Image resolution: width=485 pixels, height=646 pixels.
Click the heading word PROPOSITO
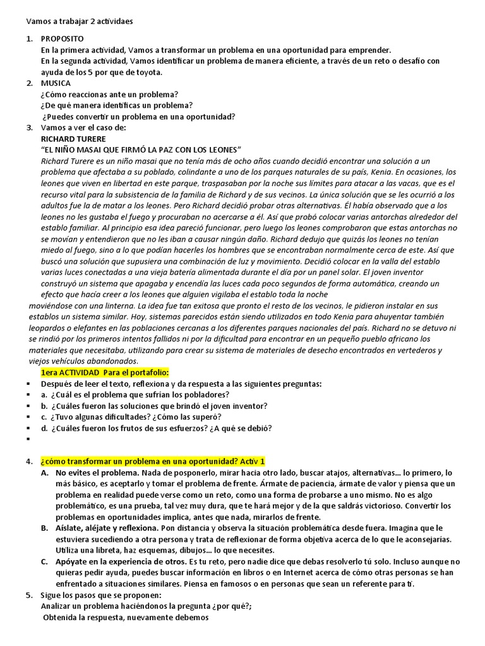pyautogui.click(x=60, y=39)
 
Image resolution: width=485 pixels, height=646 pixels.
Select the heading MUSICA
pyautogui.click(x=56, y=83)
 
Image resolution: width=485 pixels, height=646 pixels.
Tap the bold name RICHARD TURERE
pyautogui.click(x=73, y=138)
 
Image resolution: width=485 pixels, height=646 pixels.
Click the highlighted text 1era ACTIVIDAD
pyautogui.click(x=69, y=372)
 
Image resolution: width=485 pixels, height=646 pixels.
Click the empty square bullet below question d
pyautogui.click(x=28, y=439)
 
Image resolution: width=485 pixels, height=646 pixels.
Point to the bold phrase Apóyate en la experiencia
pyautogui.click(x=120, y=561)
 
